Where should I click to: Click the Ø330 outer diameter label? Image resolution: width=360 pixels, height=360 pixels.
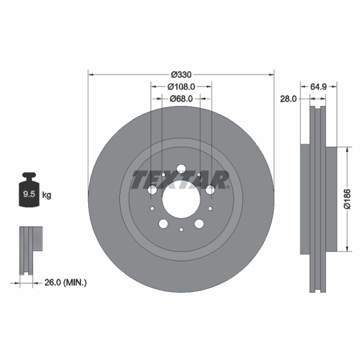click(x=181, y=75)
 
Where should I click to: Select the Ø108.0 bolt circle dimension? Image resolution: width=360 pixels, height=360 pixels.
click(x=181, y=86)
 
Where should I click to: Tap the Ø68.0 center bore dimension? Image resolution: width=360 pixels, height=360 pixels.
click(x=181, y=99)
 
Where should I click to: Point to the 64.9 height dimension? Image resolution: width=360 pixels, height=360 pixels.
click(x=319, y=86)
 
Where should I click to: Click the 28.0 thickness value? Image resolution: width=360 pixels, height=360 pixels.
click(x=288, y=99)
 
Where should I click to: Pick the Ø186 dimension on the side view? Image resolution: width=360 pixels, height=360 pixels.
click(x=347, y=199)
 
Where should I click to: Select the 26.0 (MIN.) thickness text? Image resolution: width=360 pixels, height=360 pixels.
click(x=66, y=283)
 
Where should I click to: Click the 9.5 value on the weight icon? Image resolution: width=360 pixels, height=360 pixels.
click(x=29, y=194)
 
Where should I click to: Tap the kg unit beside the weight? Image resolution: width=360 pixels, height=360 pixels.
click(x=47, y=195)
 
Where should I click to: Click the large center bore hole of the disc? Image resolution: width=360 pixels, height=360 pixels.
click(x=181, y=199)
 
